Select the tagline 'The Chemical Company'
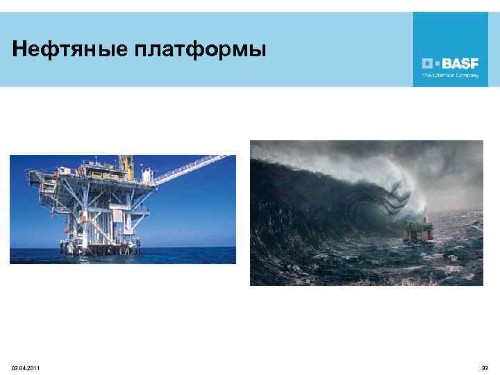[x=451, y=75]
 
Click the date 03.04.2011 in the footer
[x=26, y=367]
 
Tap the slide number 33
[x=485, y=367]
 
